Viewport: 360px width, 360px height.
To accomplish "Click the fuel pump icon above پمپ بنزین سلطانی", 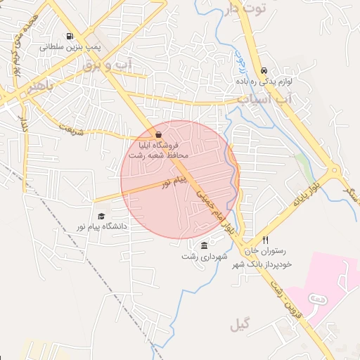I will coord(69,37).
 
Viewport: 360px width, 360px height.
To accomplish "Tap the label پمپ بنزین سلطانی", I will coord(70,48).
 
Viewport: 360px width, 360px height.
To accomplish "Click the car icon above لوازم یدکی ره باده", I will coord(264,71).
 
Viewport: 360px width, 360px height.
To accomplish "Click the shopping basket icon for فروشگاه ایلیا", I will coord(159,134).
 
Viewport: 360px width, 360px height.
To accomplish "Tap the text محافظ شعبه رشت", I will coord(159,154).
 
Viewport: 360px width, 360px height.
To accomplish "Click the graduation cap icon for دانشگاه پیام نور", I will coord(101,217).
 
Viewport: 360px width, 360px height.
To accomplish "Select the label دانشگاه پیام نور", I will coord(101,226).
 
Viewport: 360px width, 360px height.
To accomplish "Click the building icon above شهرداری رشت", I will coord(204,245).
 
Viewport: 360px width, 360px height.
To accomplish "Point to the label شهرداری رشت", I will coord(205,257).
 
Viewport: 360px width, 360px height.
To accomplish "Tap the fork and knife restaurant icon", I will coord(265,240).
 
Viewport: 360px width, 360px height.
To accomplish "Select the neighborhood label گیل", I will coord(240,324).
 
